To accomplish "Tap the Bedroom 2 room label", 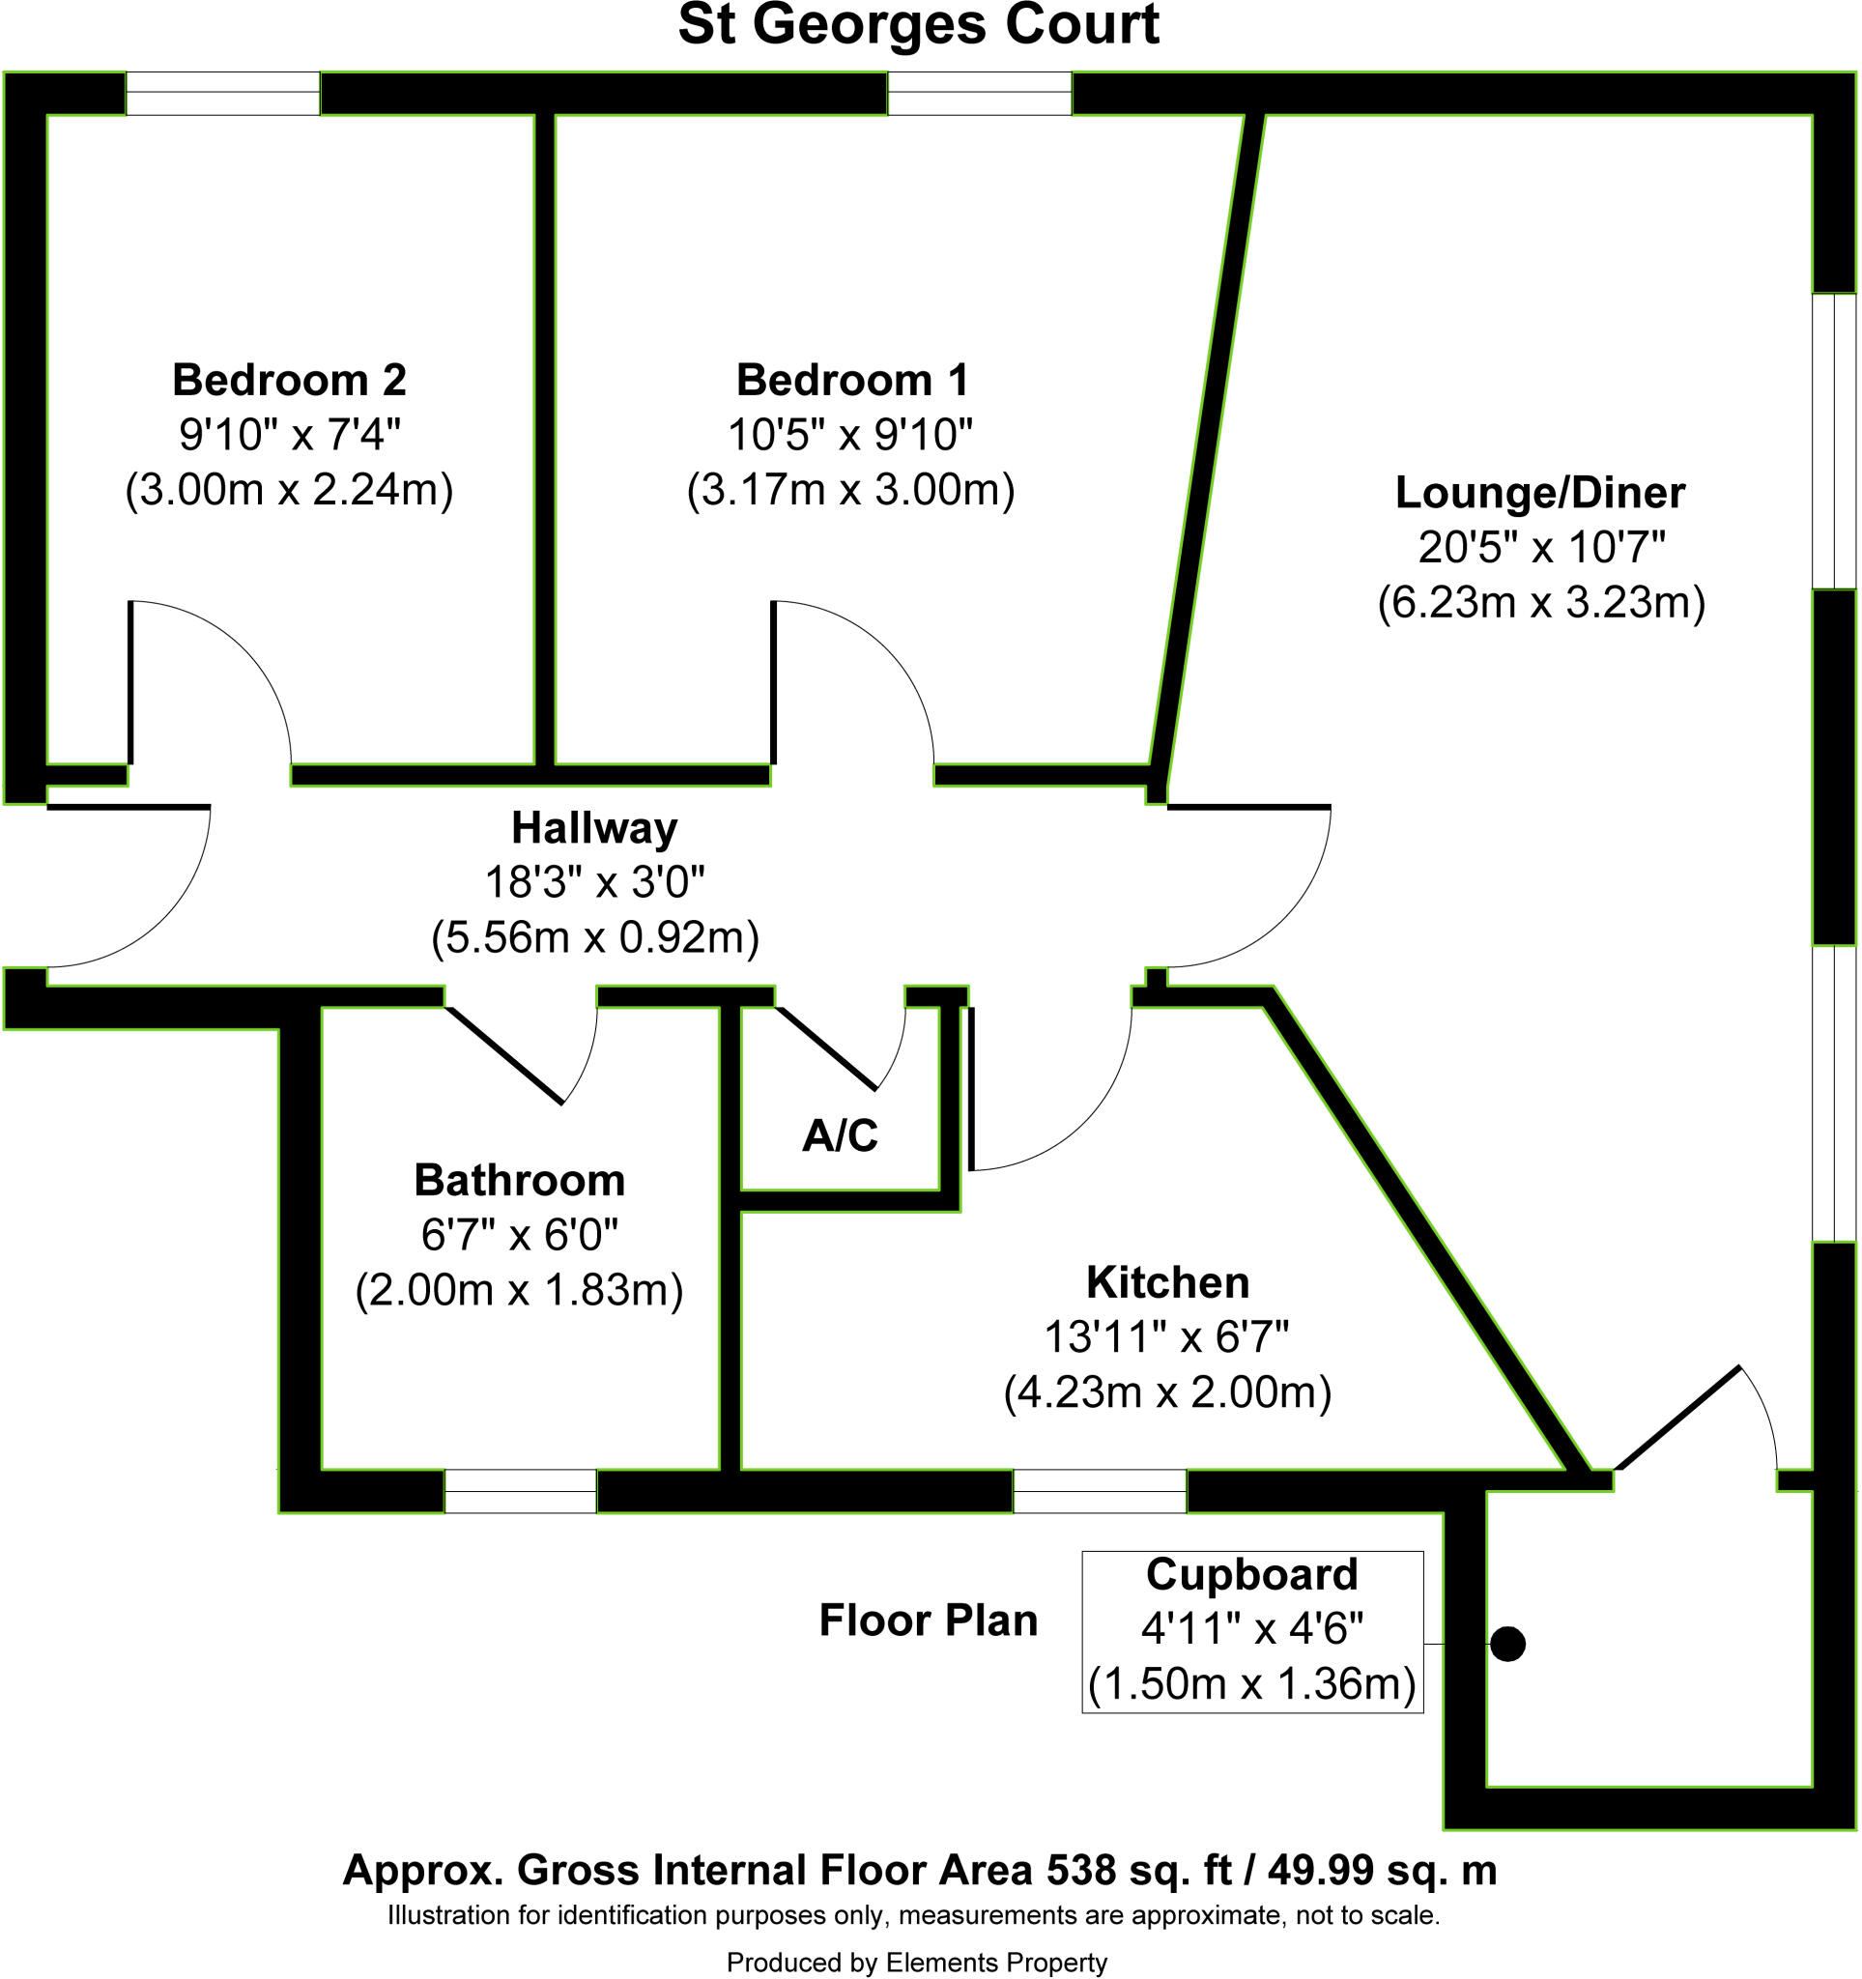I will click(x=289, y=381).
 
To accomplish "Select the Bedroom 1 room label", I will click(x=851, y=381).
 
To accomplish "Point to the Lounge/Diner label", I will click(x=1539, y=493).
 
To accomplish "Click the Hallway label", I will click(x=594, y=828).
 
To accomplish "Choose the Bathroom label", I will click(x=520, y=1181).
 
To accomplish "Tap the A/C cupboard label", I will click(x=840, y=1135).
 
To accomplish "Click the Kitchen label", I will click(x=1167, y=1282).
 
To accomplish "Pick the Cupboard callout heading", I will click(x=1252, y=1574).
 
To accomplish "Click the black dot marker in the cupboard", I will click(x=1507, y=1644).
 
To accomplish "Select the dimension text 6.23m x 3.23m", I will click(x=1541, y=602).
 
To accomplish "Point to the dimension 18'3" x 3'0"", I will click(x=595, y=882).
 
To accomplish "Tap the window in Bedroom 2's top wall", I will click(x=223, y=94).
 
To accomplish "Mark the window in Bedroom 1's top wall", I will click(x=980, y=94).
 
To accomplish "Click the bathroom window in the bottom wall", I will click(x=520, y=1491).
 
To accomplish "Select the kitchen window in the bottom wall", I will click(x=1100, y=1491).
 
